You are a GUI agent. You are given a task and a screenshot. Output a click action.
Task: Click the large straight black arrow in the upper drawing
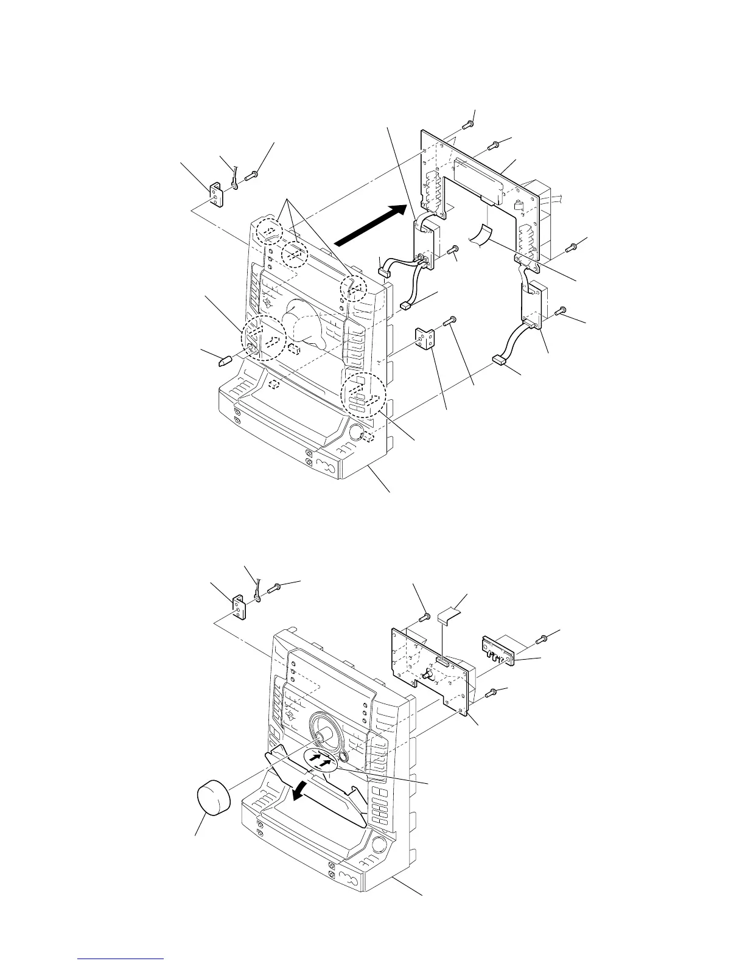(369, 225)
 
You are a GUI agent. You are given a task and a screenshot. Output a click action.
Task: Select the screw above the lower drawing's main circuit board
(424, 618)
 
